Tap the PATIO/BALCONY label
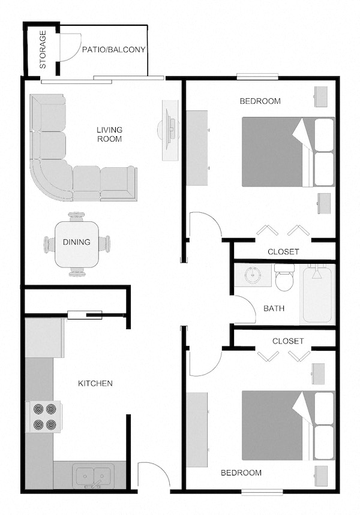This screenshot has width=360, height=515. point(113,50)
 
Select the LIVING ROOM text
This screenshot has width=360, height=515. point(110,134)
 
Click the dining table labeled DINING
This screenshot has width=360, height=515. point(77,243)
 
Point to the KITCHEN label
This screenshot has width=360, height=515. point(95,383)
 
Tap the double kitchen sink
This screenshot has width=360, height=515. point(93,476)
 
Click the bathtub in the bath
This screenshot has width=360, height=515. point(317,294)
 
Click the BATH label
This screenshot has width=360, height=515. point(274,309)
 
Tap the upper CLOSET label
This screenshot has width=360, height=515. point(283,252)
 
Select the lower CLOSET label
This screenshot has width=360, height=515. point(288,341)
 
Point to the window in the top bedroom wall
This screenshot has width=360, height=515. point(257,76)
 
